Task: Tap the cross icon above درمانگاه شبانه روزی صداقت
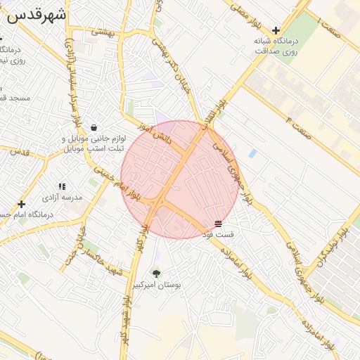click(276, 30)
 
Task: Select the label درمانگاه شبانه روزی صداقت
click(276, 46)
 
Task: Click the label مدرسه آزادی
click(63, 198)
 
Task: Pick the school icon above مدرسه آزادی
click(62, 186)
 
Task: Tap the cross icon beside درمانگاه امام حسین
click(21, 204)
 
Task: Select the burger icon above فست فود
click(219, 224)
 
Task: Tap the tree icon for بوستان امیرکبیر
click(156, 273)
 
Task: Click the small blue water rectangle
click(252, 153)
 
